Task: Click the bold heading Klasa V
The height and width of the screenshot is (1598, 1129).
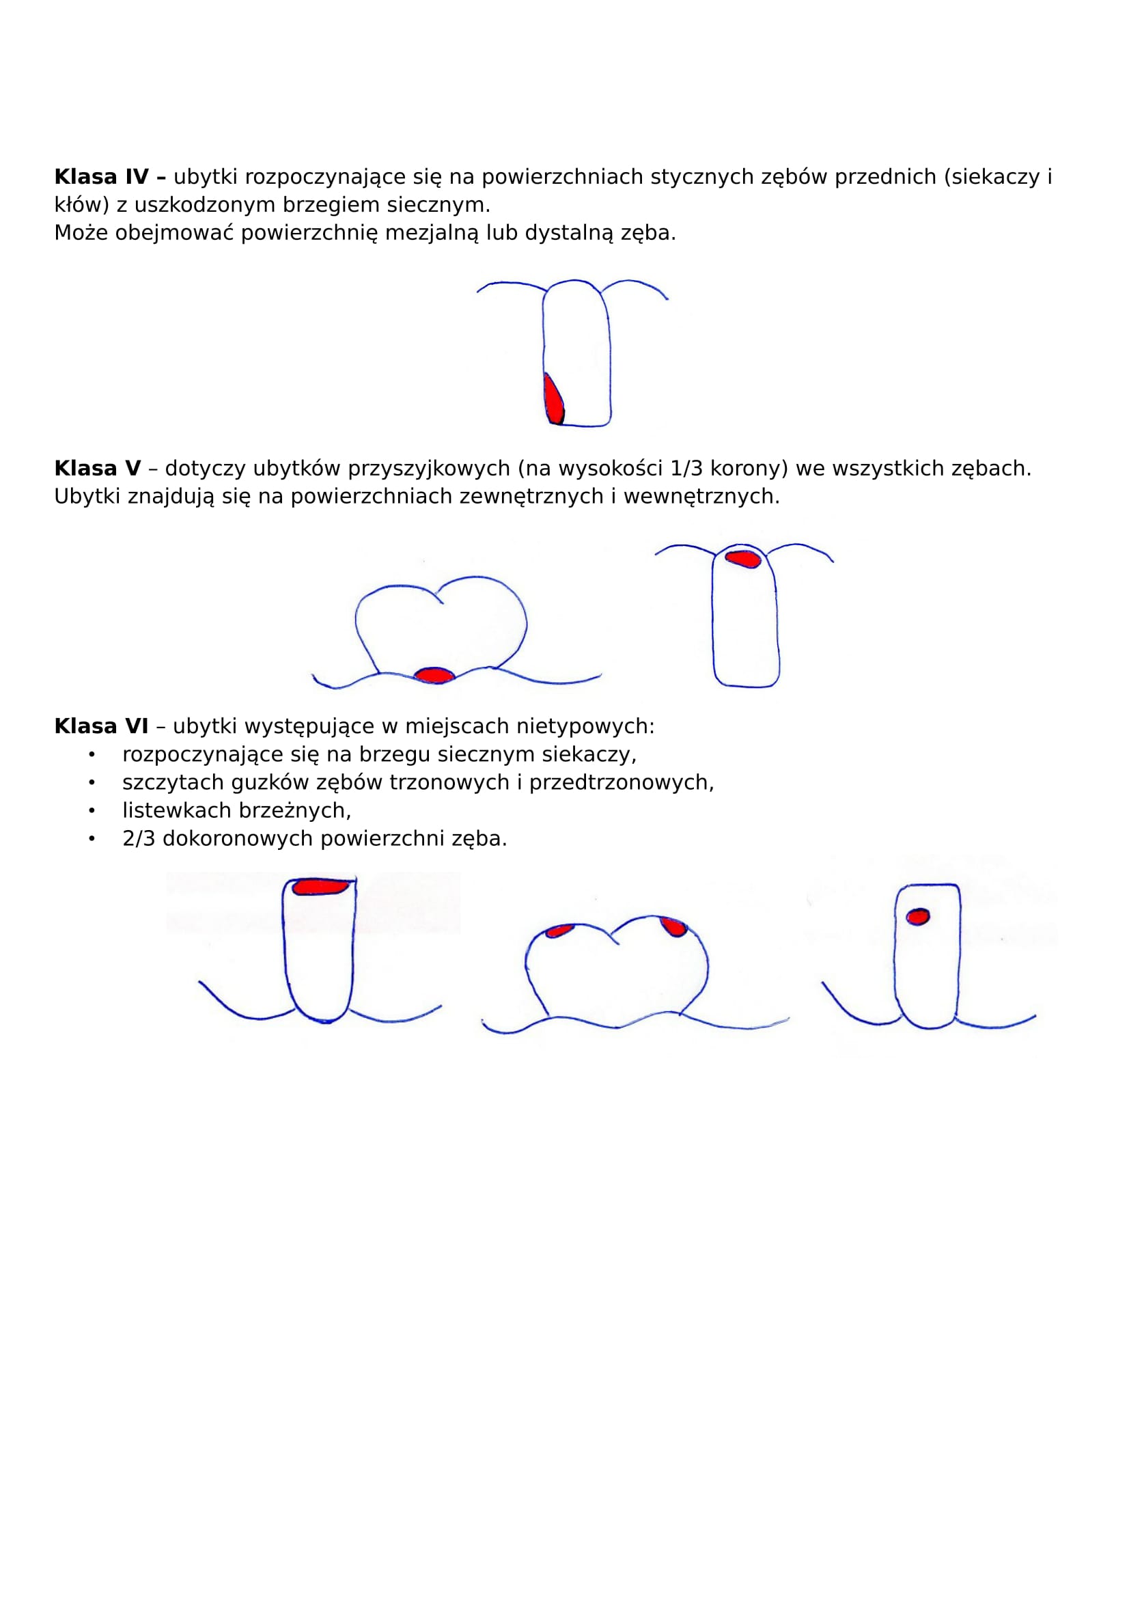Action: tap(98, 469)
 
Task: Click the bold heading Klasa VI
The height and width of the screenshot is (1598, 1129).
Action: tap(102, 726)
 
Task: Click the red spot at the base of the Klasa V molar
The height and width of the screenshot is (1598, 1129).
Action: tap(434, 674)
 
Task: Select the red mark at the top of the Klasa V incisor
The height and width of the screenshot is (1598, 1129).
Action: tap(742, 558)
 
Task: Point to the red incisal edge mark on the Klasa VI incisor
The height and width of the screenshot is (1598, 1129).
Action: tap(321, 886)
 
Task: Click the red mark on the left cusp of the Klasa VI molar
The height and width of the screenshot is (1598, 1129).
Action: tap(559, 931)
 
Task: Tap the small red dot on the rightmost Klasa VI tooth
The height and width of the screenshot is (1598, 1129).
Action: tap(917, 917)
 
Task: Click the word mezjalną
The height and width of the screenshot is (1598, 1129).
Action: tap(432, 233)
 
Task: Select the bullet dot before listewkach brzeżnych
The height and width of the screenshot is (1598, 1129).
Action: tap(91, 812)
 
